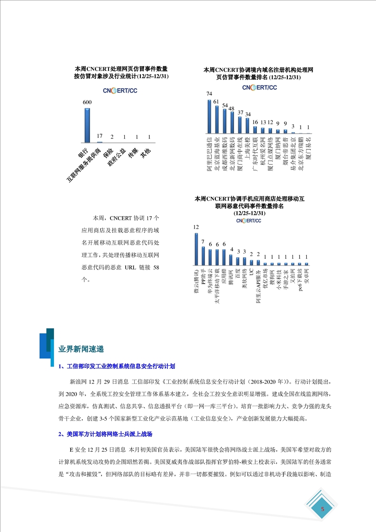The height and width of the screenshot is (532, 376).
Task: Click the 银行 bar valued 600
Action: (x=87, y=125)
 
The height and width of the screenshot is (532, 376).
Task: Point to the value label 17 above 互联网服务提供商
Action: (x=99, y=136)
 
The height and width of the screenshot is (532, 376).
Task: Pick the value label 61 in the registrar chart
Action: (x=216, y=101)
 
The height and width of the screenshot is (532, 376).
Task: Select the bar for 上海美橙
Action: (x=248, y=125)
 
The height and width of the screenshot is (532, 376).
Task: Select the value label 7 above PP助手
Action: (x=203, y=242)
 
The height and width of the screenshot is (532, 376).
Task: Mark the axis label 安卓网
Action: (x=306, y=280)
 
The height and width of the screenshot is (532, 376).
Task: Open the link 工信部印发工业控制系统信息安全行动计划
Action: (x=117, y=366)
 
